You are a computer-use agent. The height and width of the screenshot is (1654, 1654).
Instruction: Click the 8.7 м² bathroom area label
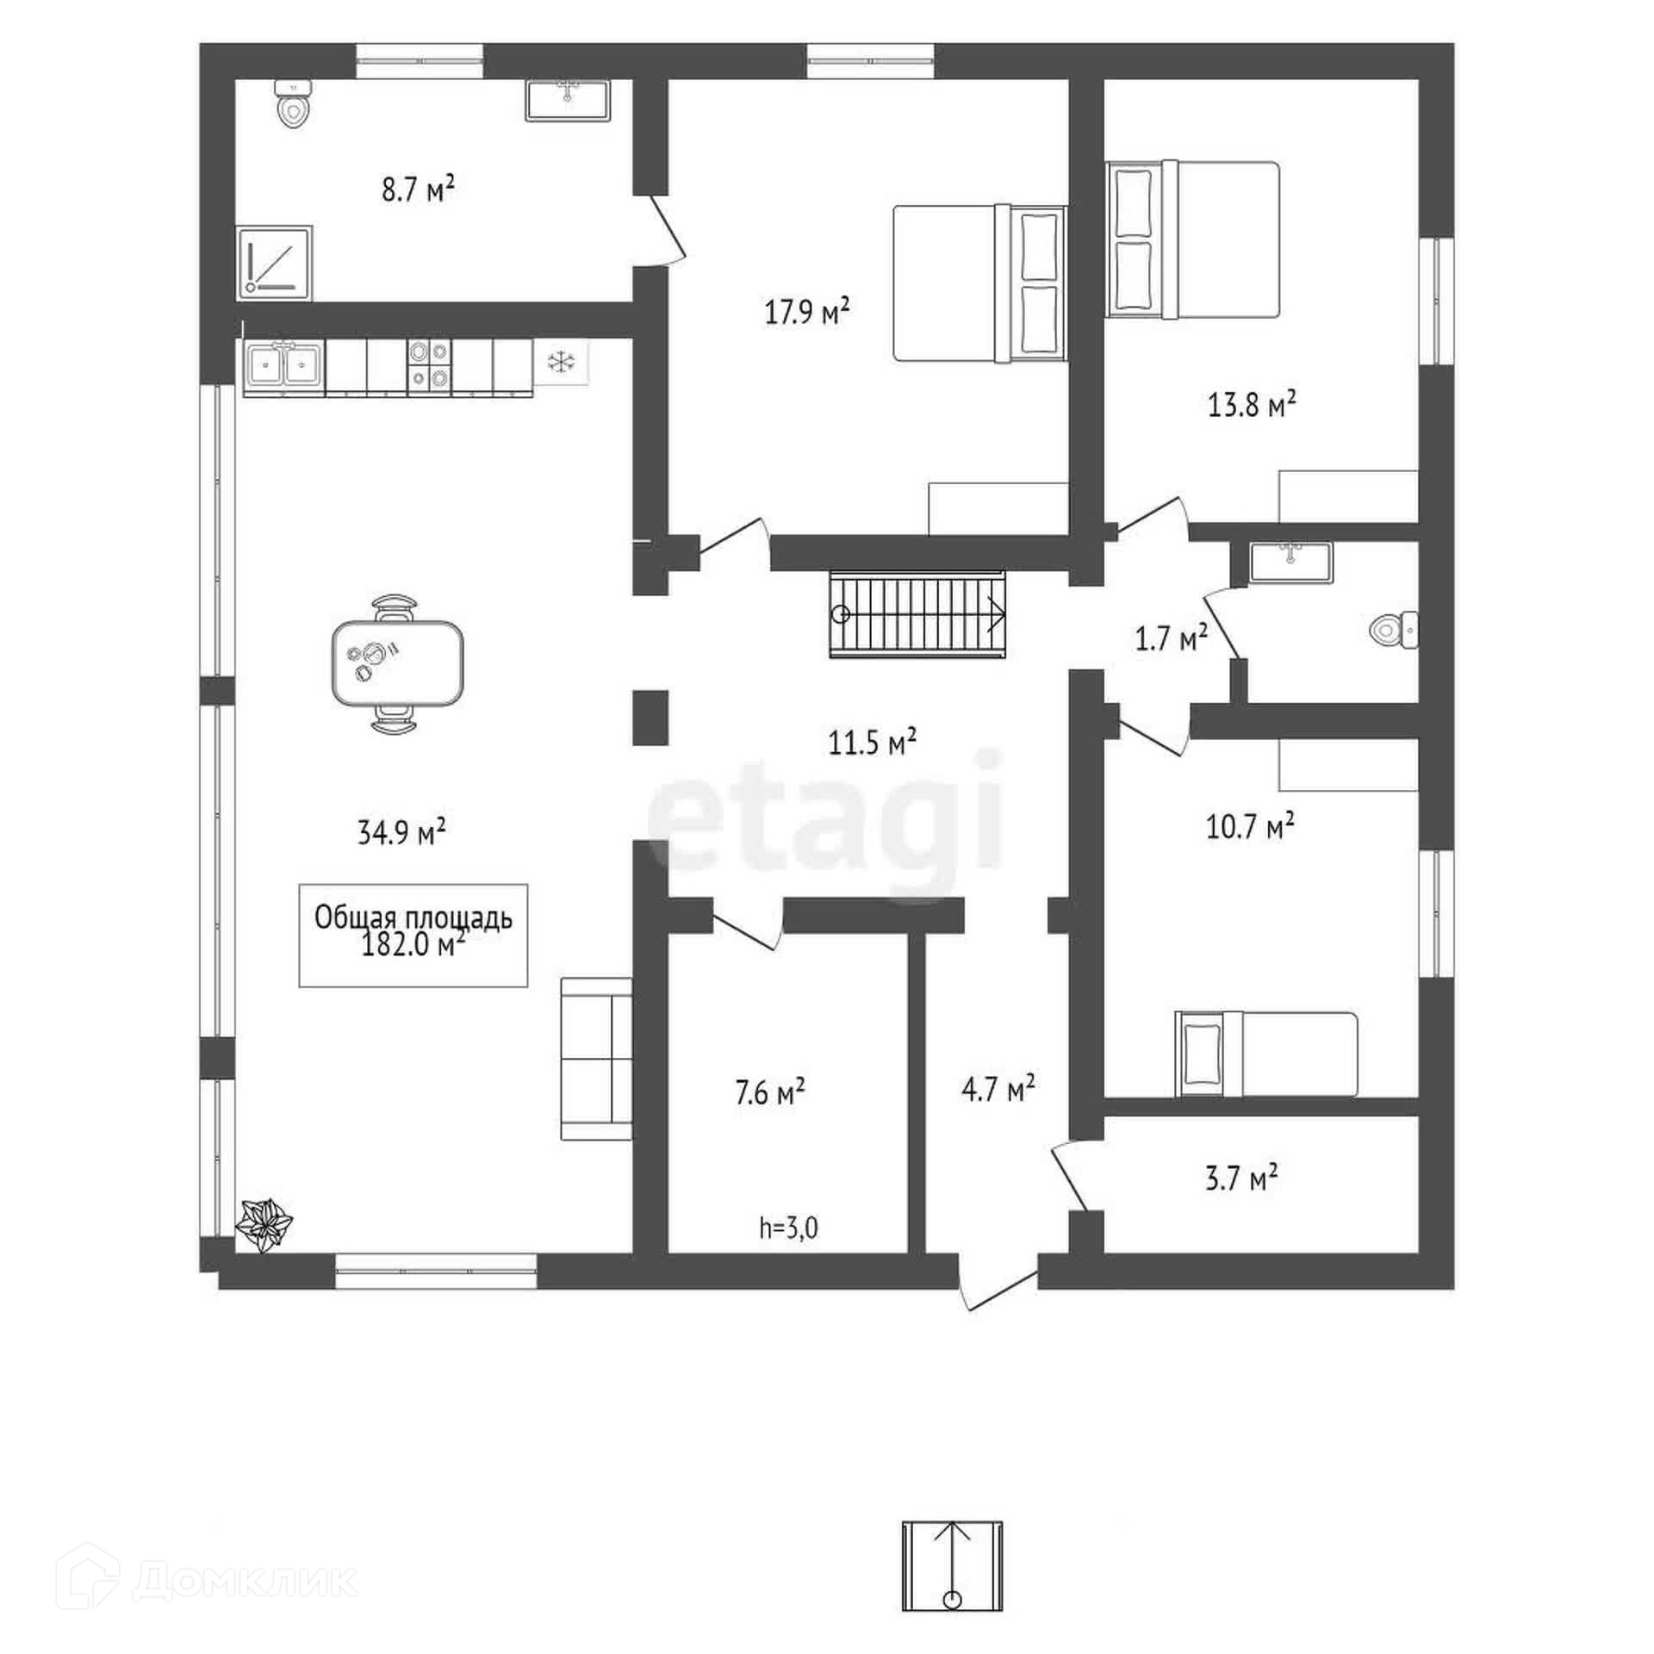coord(418,189)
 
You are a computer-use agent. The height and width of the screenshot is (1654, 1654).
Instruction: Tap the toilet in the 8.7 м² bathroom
coord(293,105)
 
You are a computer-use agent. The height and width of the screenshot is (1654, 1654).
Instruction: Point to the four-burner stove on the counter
coord(428,365)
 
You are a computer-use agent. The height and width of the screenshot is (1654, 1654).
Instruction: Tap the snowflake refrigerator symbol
coord(561,362)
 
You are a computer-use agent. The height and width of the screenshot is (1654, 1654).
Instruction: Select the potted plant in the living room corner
coord(265,1223)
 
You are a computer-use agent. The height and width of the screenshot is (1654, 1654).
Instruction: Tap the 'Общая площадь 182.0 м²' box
coord(413,934)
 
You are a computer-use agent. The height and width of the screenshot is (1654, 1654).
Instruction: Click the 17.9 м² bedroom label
coord(807,311)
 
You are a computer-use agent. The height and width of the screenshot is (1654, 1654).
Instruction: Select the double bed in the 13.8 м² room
coord(1193,239)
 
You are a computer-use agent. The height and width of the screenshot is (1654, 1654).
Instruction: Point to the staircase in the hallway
coord(917,613)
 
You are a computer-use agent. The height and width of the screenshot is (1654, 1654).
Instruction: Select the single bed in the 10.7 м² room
coord(1265,1054)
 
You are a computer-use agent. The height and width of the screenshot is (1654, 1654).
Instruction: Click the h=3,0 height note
coord(788,1228)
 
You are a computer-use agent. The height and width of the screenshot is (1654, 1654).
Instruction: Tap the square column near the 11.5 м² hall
coord(650,717)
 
